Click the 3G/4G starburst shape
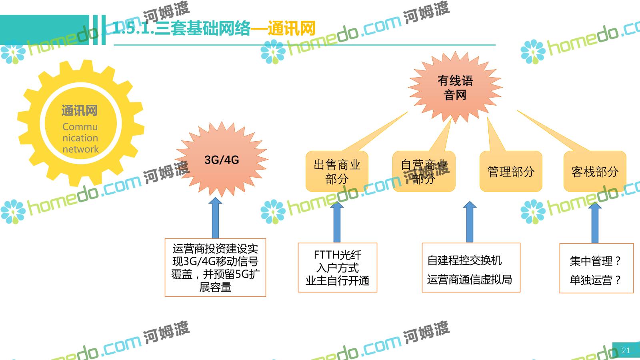[x=221, y=160]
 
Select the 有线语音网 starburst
[x=455, y=88]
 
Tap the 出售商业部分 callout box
[x=337, y=172]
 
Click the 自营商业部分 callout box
[x=424, y=172]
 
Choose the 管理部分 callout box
[x=511, y=172]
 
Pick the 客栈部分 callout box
[x=594, y=172]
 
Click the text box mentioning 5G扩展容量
[x=215, y=268]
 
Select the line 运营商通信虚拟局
[x=469, y=280]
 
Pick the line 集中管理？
[x=595, y=261]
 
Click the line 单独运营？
[x=595, y=280]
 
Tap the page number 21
[x=626, y=350]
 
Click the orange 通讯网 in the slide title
[x=292, y=28]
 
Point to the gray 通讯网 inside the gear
[x=80, y=111]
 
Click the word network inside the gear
[x=80, y=149]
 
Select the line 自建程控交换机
[x=464, y=260]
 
